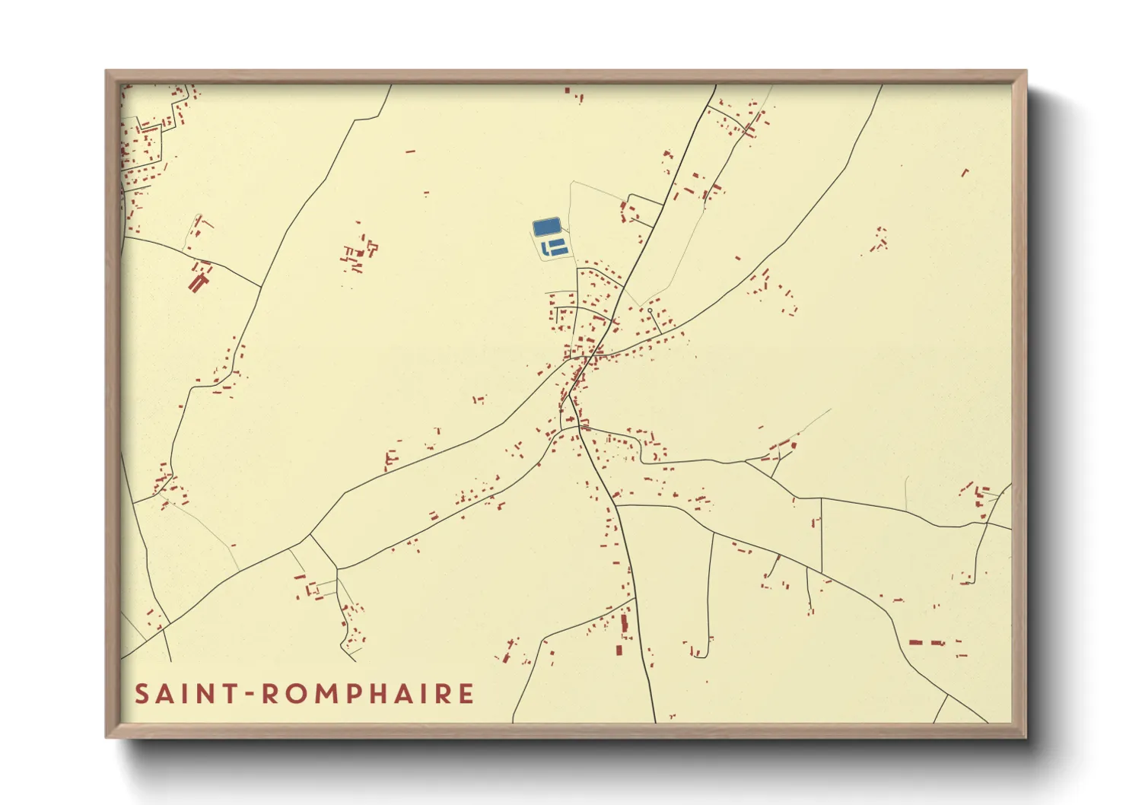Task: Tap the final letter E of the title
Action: tap(466, 694)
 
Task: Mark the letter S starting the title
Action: tap(142, 694)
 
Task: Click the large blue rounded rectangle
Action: tap(547, 227)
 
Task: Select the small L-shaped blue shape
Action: tap(545, 248)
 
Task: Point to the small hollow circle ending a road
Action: tap(650, 311)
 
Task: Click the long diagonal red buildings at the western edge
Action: tap(198, 283)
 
